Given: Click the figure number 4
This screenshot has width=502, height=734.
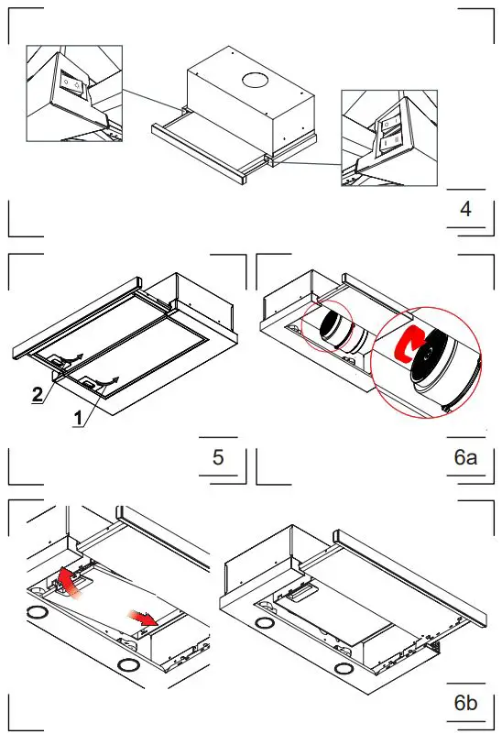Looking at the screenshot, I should (x=465, y=209).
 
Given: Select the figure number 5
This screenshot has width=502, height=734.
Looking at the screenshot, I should (x=218, y=456).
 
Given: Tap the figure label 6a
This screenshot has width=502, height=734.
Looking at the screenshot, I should (x=466, y=456).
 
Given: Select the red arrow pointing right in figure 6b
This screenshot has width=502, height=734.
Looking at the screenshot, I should (x=143, y=621).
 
